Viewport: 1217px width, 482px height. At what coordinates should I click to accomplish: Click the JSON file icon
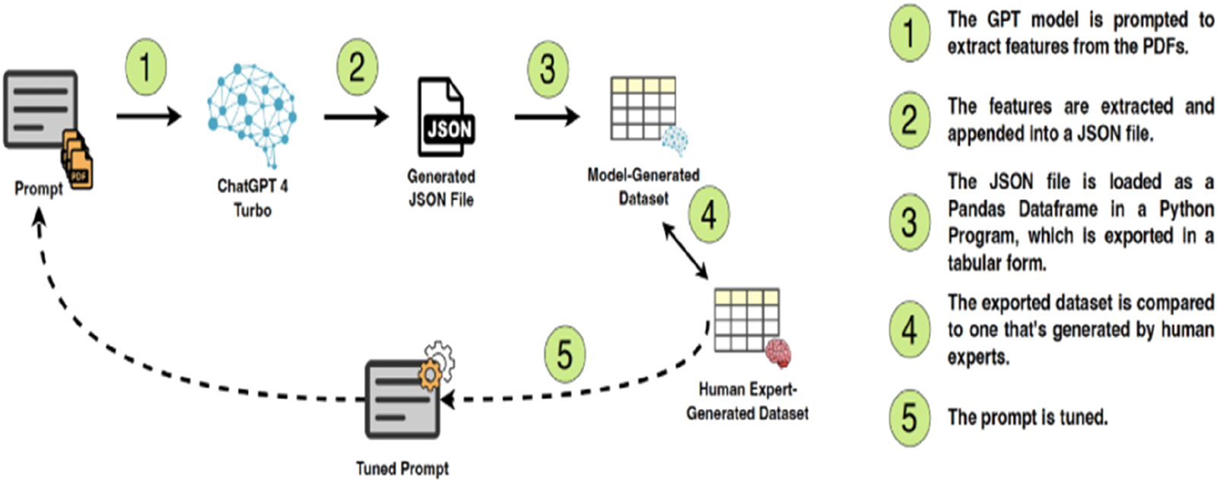coord(446,118)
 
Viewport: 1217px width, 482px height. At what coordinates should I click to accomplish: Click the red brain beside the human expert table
coord(778,353)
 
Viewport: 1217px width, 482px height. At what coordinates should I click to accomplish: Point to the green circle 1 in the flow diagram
coord(145,68)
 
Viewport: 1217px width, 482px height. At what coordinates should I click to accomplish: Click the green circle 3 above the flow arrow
coord(548,70)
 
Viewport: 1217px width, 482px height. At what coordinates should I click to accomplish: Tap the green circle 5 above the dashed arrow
coord(564,354)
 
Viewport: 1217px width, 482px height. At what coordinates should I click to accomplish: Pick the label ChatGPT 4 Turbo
coord(253,198)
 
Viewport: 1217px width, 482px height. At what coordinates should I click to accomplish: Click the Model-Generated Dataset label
coord(643,186)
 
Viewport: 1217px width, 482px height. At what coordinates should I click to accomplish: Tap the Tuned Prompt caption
coord(402,468)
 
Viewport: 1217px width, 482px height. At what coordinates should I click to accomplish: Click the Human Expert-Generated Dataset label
coord(747,401)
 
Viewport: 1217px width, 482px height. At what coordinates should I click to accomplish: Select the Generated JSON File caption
coord(441,188)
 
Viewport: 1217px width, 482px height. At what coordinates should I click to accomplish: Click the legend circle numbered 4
coord(909,330)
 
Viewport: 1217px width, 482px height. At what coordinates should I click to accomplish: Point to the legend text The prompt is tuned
coord(1028,417)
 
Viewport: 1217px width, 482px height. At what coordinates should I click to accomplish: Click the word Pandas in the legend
coord(977,209)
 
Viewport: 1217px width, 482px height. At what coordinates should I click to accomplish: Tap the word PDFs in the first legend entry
coord(1165,46)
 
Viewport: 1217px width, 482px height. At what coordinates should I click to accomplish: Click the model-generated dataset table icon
coord(643,107)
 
